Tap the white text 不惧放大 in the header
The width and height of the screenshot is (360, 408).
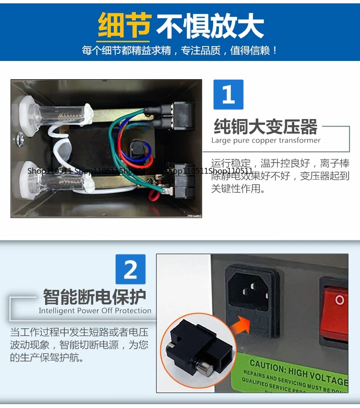tap(210, 26)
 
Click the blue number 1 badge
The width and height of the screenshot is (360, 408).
tap(228, 95)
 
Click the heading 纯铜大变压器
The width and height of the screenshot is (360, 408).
tap(265, 127)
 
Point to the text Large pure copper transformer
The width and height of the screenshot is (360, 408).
tap(266, 141)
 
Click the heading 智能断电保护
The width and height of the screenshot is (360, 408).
tap(95, 297)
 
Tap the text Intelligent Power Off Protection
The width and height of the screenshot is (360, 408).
tap(95, 311)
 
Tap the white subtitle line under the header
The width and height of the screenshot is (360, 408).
tap(180, 50)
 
